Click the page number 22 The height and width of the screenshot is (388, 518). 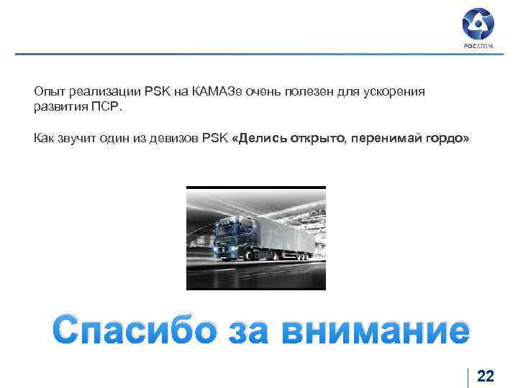(x=486, y=377)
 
